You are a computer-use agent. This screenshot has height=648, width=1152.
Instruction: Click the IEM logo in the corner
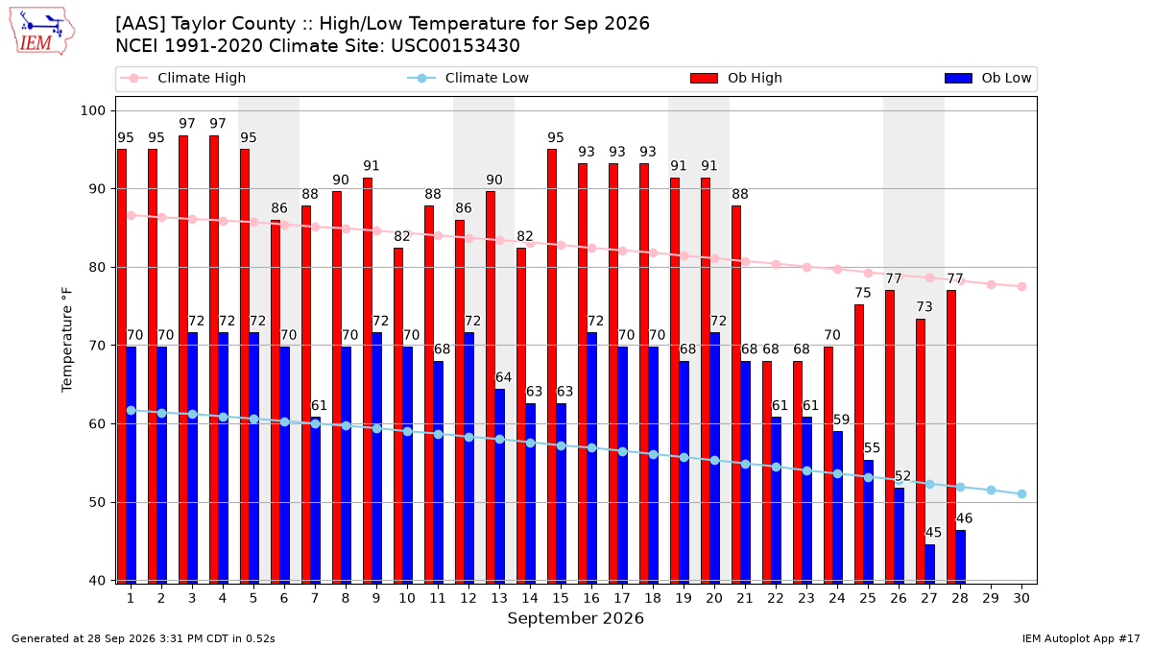[x=42, y=32]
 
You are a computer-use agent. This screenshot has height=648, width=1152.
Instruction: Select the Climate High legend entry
[x=182, y=78]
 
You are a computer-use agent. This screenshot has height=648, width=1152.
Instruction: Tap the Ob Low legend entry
[x=988, y=78]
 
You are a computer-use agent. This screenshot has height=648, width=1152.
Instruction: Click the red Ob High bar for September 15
[x=552, y=366]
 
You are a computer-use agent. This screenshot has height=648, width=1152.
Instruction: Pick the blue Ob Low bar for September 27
[x=930, y=564]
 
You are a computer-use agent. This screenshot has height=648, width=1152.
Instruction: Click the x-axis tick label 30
[x=1021, y=598]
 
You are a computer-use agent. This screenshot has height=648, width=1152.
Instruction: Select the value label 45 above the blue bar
[x=933, y=532]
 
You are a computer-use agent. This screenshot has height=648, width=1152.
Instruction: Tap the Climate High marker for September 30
[x=1021, y=286]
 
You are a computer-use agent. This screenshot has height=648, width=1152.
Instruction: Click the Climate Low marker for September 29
[x=991, y=491]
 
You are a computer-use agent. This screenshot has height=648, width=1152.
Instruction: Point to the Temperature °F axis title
[x=67, y=340]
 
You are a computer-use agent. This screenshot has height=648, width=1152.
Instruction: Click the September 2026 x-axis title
[x=575, y=618]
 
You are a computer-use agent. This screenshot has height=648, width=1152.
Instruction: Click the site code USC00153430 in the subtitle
[x=455, y=46]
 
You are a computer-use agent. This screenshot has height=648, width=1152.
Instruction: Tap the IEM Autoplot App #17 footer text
[x=1081, y=638]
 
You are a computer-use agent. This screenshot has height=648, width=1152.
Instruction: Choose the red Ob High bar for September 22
[x=767, y=472]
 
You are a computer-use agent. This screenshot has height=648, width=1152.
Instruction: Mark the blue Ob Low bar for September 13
[x=500, y=487]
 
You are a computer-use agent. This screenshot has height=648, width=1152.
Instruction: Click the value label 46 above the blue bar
[x=964, y=517]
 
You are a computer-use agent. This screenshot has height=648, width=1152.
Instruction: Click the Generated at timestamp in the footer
[x=143, y=638]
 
